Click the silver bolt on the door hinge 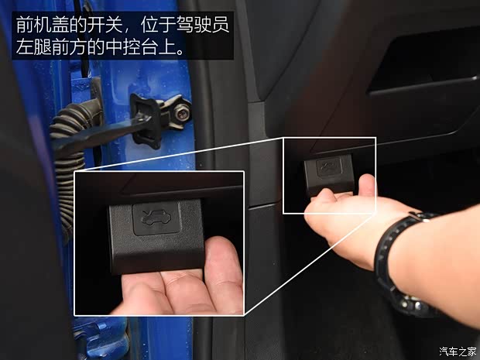pyautogui.click(x=179, y=112)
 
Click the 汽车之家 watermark pyautogui.click(x=456, y=351)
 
